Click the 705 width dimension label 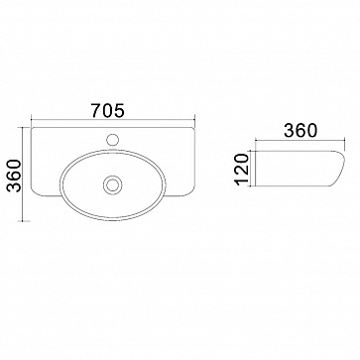(108, 110)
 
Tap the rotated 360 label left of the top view (14, 176)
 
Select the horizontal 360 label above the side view (300, 130)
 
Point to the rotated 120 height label (243, 169)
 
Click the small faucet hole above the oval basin (113, 139)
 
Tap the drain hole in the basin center (113, 184)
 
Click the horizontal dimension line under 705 (113, 119)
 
